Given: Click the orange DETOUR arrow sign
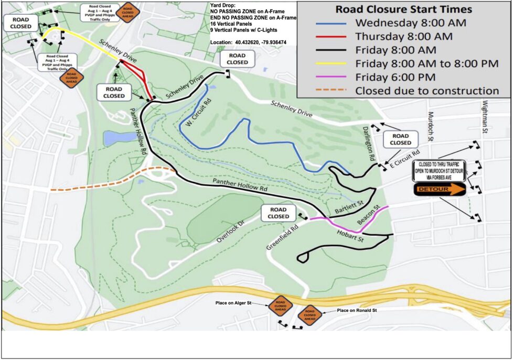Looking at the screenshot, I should click(x=440, y=190).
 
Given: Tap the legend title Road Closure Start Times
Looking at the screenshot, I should click(x=403, y=9).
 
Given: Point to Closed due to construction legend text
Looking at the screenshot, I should click(x=427, y=91).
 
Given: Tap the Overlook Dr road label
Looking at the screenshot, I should click(x=231, y=231).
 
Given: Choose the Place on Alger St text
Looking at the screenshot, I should click(x=234, y=302).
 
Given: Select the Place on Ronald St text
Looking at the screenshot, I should click(x=357, y=311).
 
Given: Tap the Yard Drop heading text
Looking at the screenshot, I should click(x=223, y=5).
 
